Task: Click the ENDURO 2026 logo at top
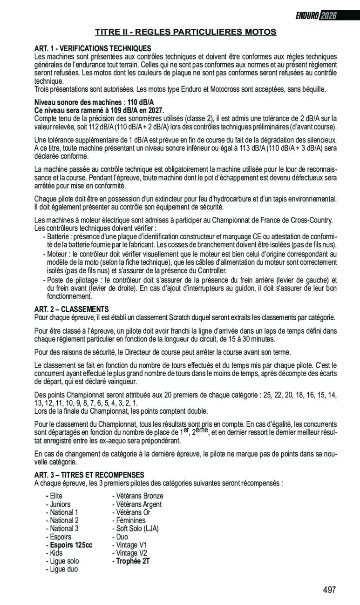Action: (x=315, y=15)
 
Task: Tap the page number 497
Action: (x=329, y=590)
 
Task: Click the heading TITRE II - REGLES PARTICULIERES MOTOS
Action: (x=186, y=32)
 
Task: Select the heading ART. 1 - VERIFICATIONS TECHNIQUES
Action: (x=93, y=48)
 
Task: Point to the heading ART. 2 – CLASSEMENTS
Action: (x=71, y=309)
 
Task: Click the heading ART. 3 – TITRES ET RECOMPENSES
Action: (x=89, y=475)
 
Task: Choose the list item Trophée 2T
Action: (x=132, y=561)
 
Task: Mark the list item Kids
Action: (x=56, y=553)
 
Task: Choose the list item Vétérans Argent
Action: (x=138, y=504)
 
